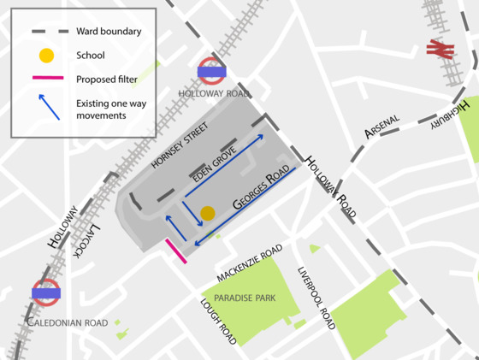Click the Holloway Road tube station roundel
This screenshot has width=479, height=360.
(211, 72)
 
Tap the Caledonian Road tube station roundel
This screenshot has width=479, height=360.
(45, 292)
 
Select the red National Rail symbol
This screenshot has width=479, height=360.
(440, 49)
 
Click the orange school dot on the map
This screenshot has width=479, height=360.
(207, 213)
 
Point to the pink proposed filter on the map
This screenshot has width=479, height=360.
(175, 251)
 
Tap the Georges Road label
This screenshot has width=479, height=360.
(263, 191)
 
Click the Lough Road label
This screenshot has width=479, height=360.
(218, 322)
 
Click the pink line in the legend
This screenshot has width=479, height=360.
(47, 80)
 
